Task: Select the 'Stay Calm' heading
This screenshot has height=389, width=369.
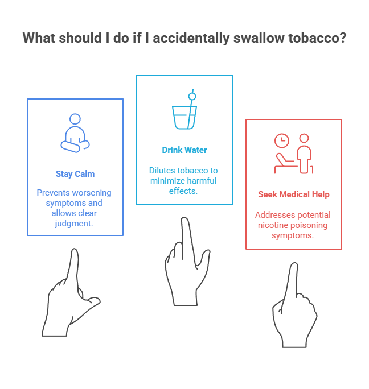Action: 75,174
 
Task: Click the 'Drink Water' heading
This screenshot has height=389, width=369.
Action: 184,150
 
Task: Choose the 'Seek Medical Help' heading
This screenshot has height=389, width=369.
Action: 293,194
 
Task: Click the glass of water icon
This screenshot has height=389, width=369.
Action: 184,117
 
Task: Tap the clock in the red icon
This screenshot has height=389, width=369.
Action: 281,140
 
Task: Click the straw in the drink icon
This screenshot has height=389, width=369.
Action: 192,100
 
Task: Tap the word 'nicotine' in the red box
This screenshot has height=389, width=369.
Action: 272,225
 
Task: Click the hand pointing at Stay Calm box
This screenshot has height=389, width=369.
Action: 71,293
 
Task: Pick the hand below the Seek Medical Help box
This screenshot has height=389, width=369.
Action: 293,310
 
